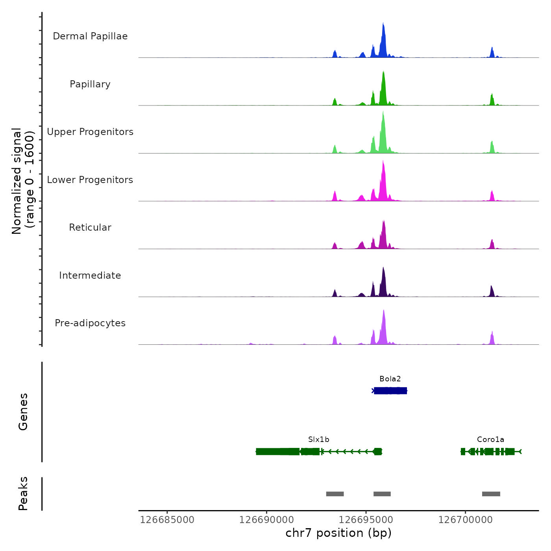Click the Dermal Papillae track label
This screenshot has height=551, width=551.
pyautogui.click(x=90, y=36)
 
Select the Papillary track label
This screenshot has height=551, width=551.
pyautogui.click(x=90, y=84)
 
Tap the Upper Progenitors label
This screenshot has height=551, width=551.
pyautogui.click(x=90, y=132)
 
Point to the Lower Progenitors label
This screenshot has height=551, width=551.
pyautogui.click(x=90, y=180)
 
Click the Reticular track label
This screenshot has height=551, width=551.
pyautogui.click(x=90, y=227)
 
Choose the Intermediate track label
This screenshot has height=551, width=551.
pyautogui.click(x=90, y=275)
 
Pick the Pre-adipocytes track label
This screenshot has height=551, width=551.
pyautogui.click(x=90, y=323)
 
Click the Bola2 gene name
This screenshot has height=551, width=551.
pyautogui.click(x=390, y=379)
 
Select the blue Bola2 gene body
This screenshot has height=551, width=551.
pyautogui.click(x=390, y=391)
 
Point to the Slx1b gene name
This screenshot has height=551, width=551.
pyautogui.click(x=319, y=440)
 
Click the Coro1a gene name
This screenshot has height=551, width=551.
pyautogui.click(x=490, y=440)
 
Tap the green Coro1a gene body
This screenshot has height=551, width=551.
pyautogui.click(x=490, y=451)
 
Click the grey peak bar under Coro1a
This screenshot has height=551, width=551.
pyautogui.click(x=491, y=494)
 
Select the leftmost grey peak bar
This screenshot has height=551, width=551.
pyautogui.click(x=335, y=494)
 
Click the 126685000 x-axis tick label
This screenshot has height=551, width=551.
pyautogui.click(x=167, y=520)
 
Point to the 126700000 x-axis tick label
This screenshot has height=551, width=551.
pyautogui.click(x=466, y=520)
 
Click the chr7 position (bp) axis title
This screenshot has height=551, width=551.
pyautogui.click(x=338, y=533)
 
